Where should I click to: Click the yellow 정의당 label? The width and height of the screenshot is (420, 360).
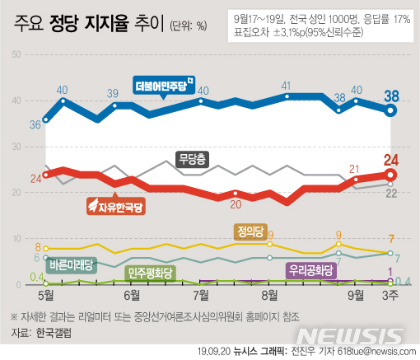coord(248,231)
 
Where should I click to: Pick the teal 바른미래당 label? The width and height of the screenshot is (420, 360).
coord(71,264)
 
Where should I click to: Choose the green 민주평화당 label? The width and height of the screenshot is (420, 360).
coord(150,271)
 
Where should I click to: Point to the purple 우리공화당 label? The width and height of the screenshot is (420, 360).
coord(311,269)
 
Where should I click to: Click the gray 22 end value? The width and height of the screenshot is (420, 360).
coord(393,193)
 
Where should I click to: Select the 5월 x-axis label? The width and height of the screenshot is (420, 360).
coord(45,293)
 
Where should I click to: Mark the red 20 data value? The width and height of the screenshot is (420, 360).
coord(236,203)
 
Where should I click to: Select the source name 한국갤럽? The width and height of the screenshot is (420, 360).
coord(55,333)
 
